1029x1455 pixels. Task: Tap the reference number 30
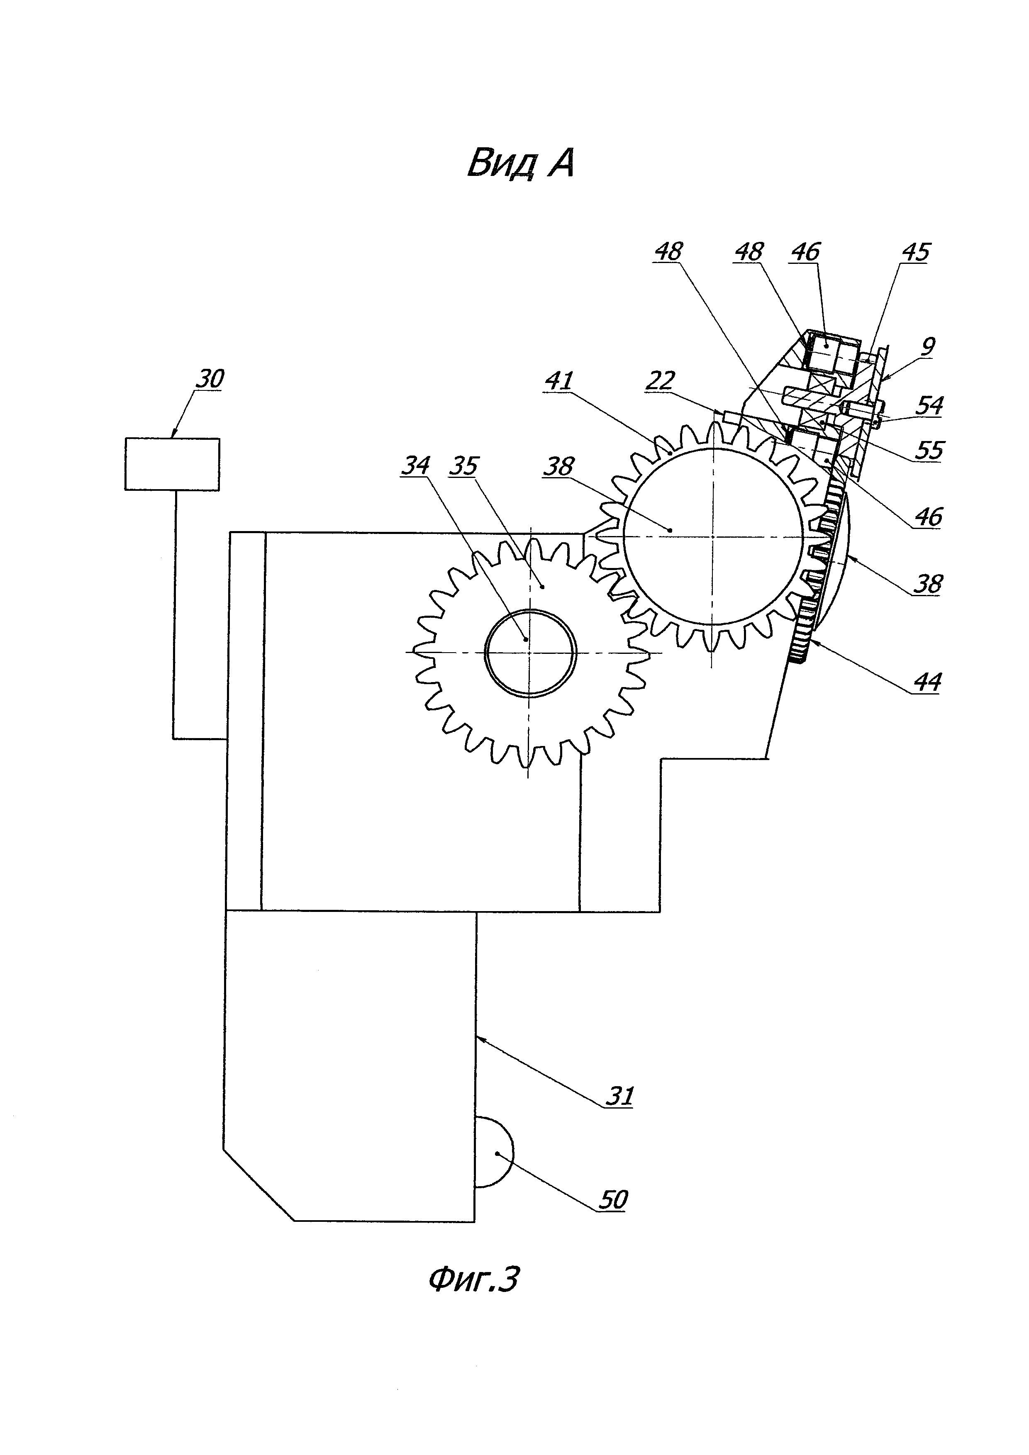209,379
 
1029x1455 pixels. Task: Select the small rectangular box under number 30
172,464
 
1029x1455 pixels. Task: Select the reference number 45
915,253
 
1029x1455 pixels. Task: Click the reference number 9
928,347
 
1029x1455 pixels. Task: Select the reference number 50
613,1199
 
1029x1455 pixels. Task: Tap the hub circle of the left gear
530,653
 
